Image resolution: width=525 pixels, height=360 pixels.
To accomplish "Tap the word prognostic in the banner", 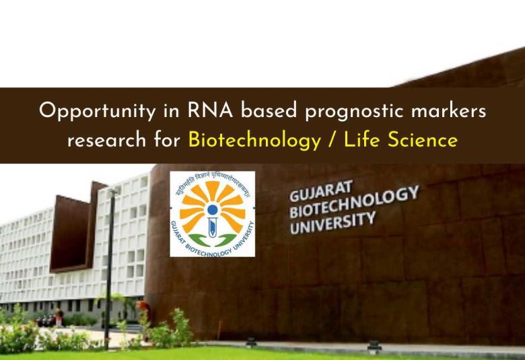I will point(345,112).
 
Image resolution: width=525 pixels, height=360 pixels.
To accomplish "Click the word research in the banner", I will point(104,141).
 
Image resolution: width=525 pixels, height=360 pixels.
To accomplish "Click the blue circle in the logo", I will point(213,209).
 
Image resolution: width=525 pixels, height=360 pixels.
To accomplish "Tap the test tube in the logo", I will point(213,225).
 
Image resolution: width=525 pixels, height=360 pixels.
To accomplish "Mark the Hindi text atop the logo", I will point(213,180).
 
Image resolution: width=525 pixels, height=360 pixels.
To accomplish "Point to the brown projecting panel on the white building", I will point(70,232).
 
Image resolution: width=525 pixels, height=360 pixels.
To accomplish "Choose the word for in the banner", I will point(166,141).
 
